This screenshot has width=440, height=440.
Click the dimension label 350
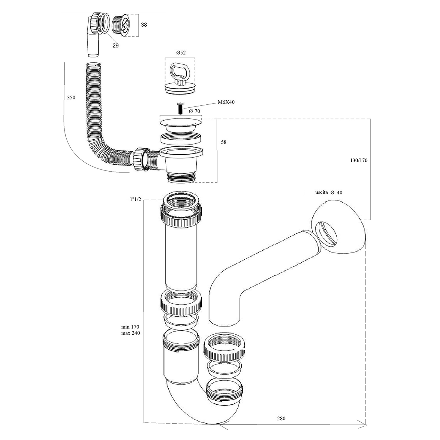click(71, 98)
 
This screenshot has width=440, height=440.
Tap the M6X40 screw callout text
click(226, 102)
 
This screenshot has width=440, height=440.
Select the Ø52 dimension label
click(181, 53)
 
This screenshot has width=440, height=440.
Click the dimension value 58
click(224, 142)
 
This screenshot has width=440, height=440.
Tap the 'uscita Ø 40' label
click(329, 193)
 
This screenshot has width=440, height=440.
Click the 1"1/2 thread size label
click(136, 199)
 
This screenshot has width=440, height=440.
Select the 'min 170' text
click(130, 327)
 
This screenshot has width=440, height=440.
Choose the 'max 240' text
click(131, 333)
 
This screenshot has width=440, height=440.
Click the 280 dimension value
click(281, 419)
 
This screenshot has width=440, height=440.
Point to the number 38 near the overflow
click(144, 25)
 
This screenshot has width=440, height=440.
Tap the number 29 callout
click(116, 45)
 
